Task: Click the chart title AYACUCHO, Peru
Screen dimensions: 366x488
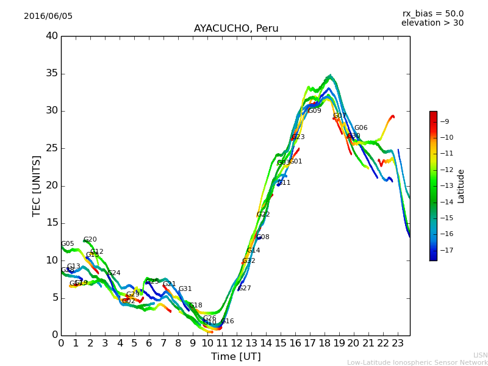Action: (236, 29)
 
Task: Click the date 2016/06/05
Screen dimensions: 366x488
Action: (48, 16)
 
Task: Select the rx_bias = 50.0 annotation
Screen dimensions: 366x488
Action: (432, 13)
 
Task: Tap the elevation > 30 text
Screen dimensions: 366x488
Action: (432, 23)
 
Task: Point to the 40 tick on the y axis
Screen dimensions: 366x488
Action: (52, 36)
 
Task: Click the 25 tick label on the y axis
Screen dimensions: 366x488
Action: (52, 148)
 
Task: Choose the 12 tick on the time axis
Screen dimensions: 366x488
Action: (237, 343)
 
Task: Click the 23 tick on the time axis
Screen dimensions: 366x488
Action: (398, 343)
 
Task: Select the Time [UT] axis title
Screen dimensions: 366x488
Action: (235, 357)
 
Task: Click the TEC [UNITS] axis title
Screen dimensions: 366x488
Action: (37, 185)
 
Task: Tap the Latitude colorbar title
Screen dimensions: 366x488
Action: (461, 186)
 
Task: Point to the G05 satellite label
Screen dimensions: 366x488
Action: (67, 244)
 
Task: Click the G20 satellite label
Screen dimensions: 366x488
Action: (90, 240)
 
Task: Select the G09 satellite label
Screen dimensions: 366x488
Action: (314, 111)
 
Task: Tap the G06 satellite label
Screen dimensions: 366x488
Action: (361, 128)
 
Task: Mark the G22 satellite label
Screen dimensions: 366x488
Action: (263, 215)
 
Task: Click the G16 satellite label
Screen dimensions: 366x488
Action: (227, 321)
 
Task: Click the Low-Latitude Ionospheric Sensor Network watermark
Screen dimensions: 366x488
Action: (417, 362)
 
